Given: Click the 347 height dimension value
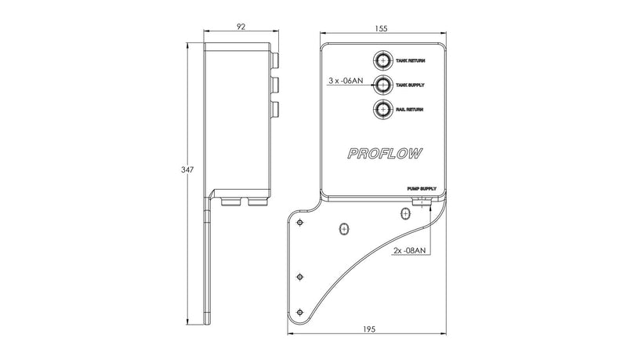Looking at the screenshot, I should tap(187, 169).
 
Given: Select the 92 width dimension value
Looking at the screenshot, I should tap(240, 27).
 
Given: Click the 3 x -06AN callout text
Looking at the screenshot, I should tap(346, 80).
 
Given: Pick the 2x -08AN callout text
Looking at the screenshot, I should tap(408, 251).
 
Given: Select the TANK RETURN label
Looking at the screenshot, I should tap(411, 60).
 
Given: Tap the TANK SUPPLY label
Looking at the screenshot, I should tap(411, 85).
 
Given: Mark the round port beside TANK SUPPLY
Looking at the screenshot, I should tap(382, 85).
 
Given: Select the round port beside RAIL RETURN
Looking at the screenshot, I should tap(382, 109).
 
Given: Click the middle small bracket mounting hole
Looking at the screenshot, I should tap(299, 276).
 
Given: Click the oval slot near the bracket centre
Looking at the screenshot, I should tap(342, 229).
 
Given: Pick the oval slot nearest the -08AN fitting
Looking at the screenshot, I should tap(404, 212).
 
